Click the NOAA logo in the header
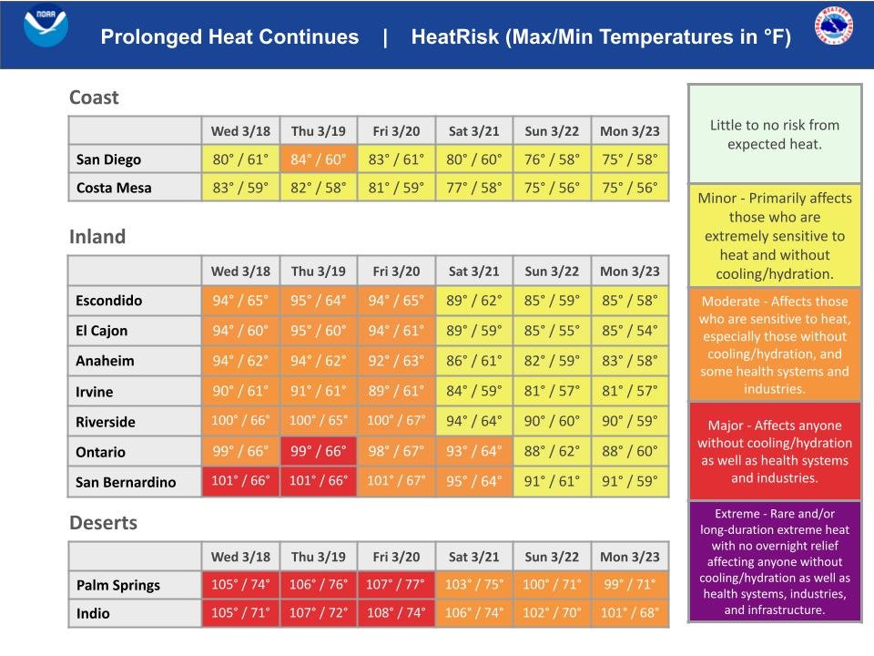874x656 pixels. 46,26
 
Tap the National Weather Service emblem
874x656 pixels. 833,26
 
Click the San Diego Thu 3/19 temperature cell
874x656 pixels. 318,159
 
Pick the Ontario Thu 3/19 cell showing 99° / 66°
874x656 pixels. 318,451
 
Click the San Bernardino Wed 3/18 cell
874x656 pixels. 240,481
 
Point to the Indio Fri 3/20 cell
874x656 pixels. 395,612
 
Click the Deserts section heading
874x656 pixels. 104,523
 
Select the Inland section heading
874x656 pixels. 97,237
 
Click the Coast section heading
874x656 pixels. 94,97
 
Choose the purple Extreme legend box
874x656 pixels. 774,561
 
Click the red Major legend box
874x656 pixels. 774,451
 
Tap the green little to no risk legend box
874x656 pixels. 774,134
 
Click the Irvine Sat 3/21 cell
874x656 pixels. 474,391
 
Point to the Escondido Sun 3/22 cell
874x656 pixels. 552,300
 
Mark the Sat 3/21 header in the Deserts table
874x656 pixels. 474,556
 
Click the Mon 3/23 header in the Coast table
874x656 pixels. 629,131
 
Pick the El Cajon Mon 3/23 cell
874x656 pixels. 629,330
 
